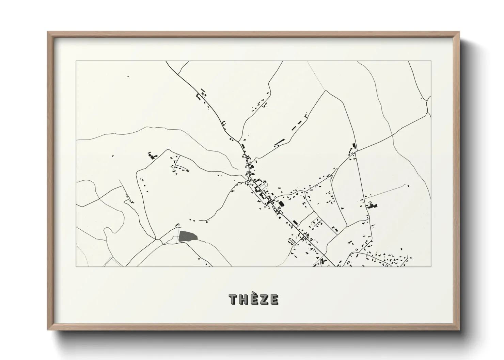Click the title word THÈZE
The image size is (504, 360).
point(254,299)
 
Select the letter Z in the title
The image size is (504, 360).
point(265,299)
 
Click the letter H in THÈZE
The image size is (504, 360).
point(243,299)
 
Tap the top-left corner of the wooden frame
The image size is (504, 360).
point(48,32)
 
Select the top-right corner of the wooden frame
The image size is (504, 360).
point(459,32)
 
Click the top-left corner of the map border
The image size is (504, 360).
point(76,61)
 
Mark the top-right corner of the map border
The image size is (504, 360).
point(431,61)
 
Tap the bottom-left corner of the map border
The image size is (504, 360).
point(76,266)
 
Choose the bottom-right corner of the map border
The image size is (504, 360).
point(431,266)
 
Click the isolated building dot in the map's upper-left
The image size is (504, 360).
point(128,76)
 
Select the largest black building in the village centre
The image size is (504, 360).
point(281,204)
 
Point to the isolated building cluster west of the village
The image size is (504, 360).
point(151,156)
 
